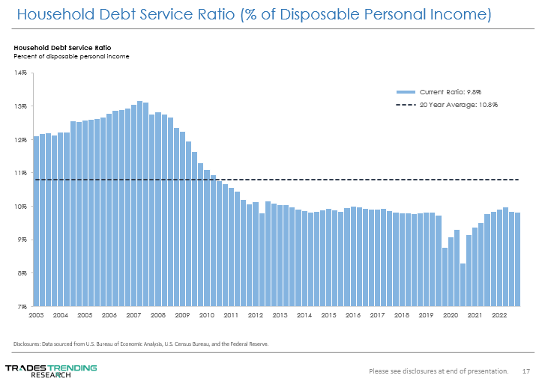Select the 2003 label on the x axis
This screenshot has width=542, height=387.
(x=36, y=316)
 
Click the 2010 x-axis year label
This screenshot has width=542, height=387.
(x=206, y=316)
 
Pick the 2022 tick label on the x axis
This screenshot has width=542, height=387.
(x=498, y=316)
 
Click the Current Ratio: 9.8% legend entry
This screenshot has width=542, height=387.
(x=459, y=91)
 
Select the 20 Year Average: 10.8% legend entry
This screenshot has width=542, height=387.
(x=459, y=104)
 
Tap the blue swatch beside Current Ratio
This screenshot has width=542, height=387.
(x=405, y=91)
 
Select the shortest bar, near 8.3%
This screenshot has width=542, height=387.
(x=463, y=284)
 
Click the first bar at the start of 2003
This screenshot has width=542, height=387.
(x=36, y=221)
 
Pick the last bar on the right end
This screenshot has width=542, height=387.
(x=517, y=259)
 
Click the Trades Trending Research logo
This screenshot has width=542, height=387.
(x=50, y=371)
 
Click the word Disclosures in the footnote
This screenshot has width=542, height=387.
(x=27, y=344)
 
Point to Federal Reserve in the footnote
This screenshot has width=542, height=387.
(x=250, y=344)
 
